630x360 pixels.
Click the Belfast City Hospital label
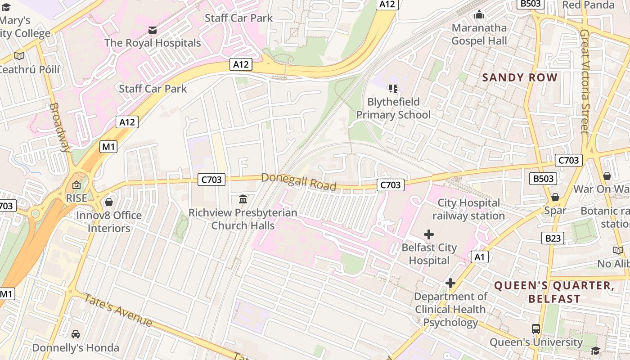(429, 254)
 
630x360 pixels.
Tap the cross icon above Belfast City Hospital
(429, 234)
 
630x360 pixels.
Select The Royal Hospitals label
(153, 43)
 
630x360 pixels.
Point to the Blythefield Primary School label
(393, 108)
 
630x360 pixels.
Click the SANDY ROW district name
(520, 77)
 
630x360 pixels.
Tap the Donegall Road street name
(299, 182)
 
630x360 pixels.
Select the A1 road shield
(479, 257)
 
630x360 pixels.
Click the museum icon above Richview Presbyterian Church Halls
(243, 199)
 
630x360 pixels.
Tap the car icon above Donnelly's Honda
(76, 334)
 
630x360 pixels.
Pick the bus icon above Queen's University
(535, 329)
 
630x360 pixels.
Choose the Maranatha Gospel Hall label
(479, 34)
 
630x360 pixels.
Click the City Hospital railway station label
(468, 209)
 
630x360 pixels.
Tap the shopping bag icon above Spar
(555, 197)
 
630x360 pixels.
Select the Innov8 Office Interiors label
(108, 222)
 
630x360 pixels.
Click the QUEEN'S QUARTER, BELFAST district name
(554, 292)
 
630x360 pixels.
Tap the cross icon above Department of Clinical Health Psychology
(450, 283)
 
